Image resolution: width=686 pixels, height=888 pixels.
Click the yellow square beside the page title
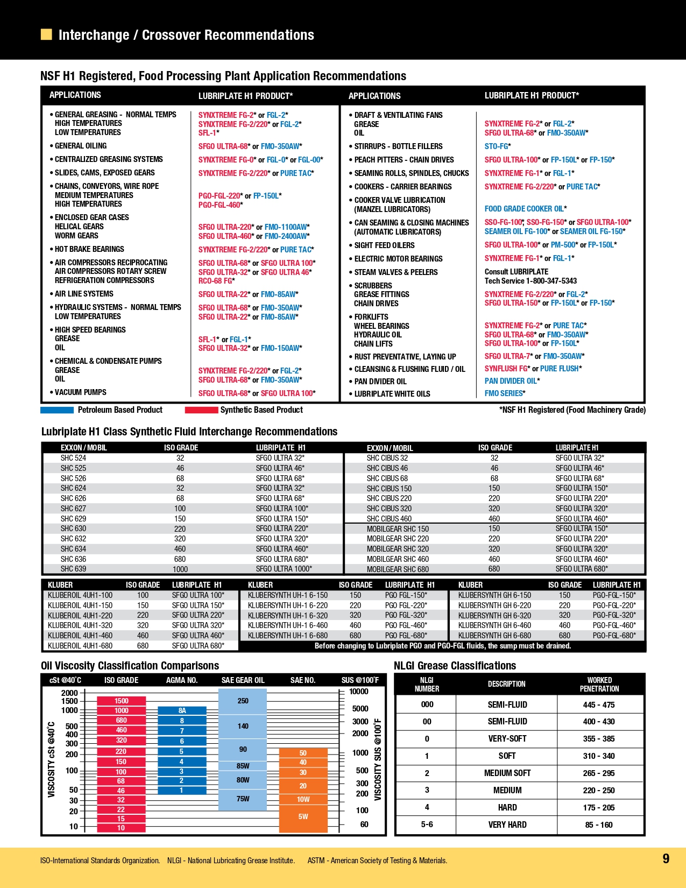coord(46,35)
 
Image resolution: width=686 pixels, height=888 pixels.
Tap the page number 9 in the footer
coord(666,858)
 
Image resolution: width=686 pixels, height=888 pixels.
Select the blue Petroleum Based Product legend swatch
coord(57,410)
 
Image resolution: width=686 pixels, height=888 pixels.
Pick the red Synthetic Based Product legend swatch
coord(201,410)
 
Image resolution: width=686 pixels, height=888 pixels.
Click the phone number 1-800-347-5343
coord(551,281)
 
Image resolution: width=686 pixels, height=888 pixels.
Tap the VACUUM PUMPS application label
coord(81,392)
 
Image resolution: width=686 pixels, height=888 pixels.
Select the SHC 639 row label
coord(73,569)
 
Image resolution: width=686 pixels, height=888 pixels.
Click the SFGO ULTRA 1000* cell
coord(284,569)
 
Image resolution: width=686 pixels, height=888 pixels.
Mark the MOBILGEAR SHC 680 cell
coord(398,569)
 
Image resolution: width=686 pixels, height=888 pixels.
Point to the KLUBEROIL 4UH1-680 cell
coord(80,646)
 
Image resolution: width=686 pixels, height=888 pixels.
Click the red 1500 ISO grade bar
coord(121,701)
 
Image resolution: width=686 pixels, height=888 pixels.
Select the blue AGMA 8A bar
coord(182,710)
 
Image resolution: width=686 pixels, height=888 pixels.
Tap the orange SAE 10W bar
coord(303,799)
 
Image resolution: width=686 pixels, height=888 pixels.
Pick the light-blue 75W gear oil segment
coord(243,799)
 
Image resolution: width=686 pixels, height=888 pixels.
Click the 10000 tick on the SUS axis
coord(359,692)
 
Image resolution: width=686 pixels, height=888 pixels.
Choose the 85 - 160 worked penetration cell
coord(599,825)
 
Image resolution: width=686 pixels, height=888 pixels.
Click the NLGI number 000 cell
coord(427,704)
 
